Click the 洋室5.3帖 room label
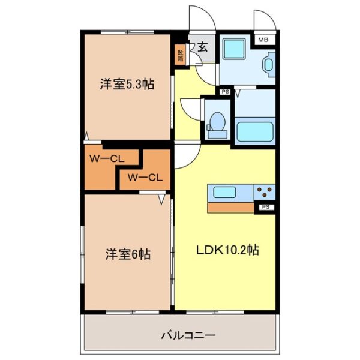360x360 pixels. tap(127, 85)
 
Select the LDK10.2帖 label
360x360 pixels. tap(229, 250)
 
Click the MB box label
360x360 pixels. tap(263, 40)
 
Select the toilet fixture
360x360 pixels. tap(216, 122)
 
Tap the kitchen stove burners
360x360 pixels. tap(264, 192)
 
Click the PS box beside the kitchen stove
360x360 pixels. tap(265, 207)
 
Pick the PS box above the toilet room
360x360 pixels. tap(225, 92)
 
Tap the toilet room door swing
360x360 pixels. tap(191, 111)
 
